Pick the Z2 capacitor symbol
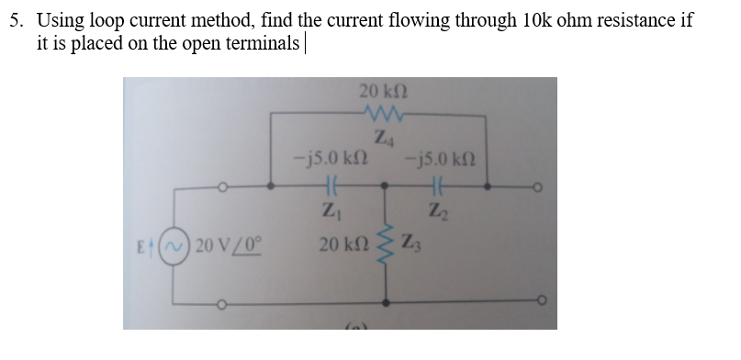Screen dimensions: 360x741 [436, 185]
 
